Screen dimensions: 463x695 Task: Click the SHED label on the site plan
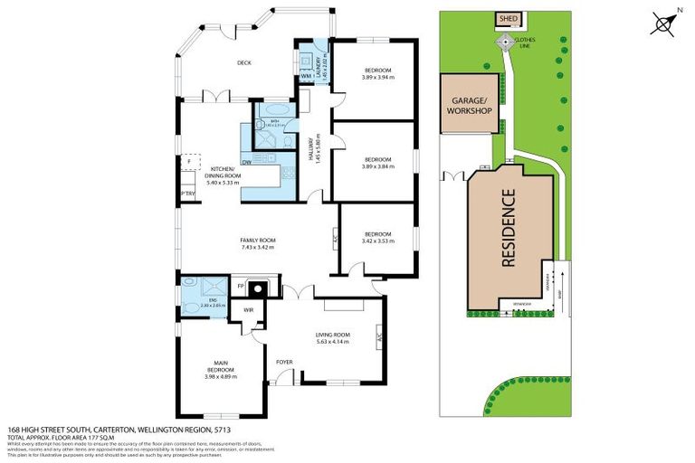[504, 18]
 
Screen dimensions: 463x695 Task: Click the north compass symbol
[667, 23]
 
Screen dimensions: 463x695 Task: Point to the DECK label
[243, 63]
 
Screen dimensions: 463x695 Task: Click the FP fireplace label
[241, 287]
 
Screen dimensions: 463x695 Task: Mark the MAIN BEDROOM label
[221, 373]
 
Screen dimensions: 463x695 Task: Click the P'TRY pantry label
[188, 194]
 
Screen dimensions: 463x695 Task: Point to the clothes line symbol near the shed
[505, 42]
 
